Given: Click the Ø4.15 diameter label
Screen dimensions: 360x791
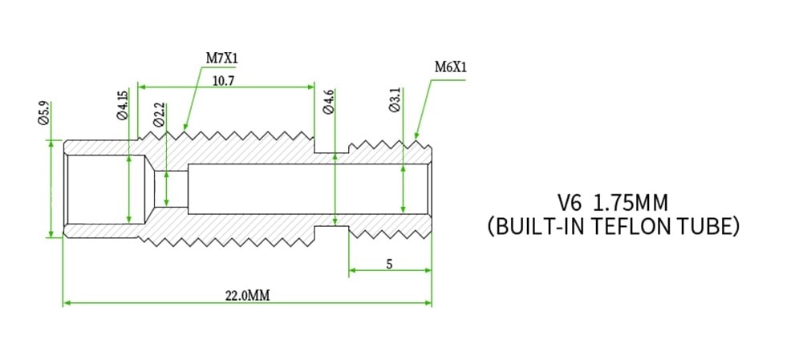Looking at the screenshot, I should (123, 106).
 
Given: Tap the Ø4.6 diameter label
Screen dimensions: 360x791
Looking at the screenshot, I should (329, 103).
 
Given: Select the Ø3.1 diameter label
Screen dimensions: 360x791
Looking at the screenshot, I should (395, 101).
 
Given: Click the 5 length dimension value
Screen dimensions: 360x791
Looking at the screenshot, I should (389, 264).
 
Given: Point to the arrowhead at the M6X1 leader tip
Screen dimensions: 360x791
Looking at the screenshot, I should (415, 139).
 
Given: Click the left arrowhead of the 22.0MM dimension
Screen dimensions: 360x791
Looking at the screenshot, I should (67, 303).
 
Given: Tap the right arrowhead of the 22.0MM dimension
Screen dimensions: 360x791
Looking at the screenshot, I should (428, 303).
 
